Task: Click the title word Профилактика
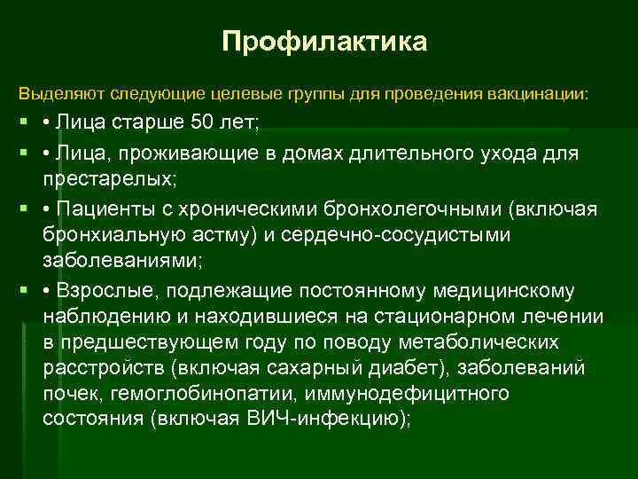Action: [x=324, y=42]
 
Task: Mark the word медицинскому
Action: [x=508, y=292]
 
